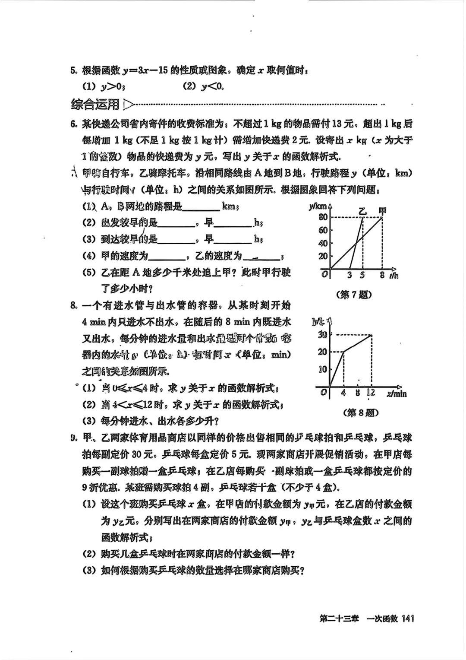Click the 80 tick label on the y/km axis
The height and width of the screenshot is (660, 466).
[323, 217]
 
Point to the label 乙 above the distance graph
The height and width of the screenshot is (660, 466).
[362, 211]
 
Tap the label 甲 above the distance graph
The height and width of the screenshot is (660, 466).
[382, 210]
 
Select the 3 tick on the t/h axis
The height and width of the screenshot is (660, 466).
[349, 275]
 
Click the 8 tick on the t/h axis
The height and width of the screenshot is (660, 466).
[382, 275]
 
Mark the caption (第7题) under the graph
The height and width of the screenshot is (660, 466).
[353, 295]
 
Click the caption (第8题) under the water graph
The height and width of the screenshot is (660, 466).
[361, 412]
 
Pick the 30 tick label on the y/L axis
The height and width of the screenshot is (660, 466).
[322, 334]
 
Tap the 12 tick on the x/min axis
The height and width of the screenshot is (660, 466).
[371, 393]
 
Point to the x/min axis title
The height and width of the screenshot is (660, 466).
[397, 393]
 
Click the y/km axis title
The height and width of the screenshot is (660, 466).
[318, 206]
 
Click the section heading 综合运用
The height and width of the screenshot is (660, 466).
[95, 105]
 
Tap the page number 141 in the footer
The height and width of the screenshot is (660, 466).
[407, 619]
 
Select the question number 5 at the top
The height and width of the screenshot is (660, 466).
[74, 70]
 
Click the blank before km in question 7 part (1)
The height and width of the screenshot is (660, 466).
[201, 207]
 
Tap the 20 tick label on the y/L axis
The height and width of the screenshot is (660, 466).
[322, 352]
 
